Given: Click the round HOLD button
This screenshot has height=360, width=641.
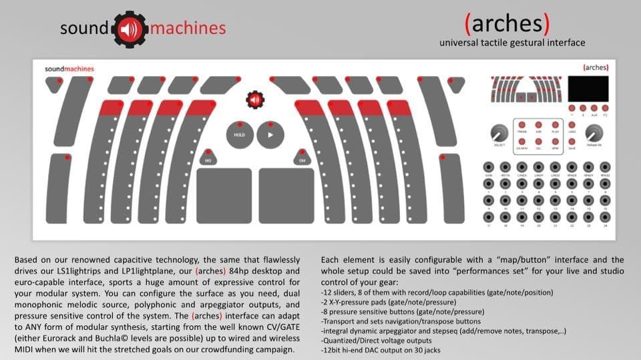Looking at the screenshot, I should pyautogui.click(x=239, y=134).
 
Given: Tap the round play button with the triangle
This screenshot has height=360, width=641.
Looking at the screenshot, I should pyautogui.click(x=270, y=134).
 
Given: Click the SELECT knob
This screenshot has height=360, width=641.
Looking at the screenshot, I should pyautogui.click(x=497, y=133).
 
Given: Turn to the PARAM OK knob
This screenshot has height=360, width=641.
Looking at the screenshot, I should pyautogui.click(x=594, y=133).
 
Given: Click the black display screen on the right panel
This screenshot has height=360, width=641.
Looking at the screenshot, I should pyautogui.click(x=589, y=89).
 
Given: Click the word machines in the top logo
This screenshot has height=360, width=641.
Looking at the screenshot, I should pyautogui.click(x=188, y=29).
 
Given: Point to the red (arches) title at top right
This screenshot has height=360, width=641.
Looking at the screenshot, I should pyautogui.click(x=507, y=24).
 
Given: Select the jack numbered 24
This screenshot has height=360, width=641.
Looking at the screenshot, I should pyautogui.click(x=604, y=217).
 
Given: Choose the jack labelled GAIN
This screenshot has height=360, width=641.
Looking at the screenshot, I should pyautogui.click(x=489, y=167).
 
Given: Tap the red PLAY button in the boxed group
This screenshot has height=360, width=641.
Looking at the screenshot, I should pyautogui.click(x=556, y=125).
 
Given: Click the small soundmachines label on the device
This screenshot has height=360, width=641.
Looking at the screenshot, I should pyautogui.click(x=69, y=69).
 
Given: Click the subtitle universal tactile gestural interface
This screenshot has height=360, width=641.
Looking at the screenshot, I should pyautogui.click(x=512, y=43).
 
